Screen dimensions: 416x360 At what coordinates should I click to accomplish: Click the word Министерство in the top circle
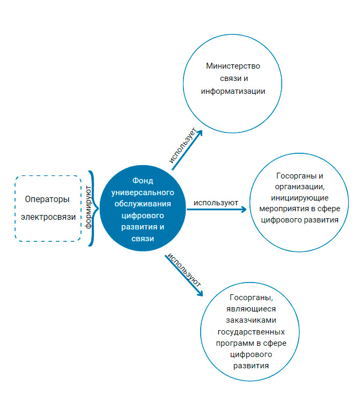point(233,66)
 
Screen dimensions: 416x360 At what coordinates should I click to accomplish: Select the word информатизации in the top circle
point(233,91)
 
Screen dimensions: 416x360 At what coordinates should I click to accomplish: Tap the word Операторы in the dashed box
point(47,199)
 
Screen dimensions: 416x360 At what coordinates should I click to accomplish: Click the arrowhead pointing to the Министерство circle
point(200,131)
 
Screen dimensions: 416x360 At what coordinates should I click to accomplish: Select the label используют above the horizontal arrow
point(216,203)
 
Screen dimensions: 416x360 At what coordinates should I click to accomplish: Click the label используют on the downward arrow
point(184,269)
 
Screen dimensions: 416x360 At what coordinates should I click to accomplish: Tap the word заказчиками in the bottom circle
point(252,320)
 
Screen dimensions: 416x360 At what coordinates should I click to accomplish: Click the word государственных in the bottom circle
point(252,332)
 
